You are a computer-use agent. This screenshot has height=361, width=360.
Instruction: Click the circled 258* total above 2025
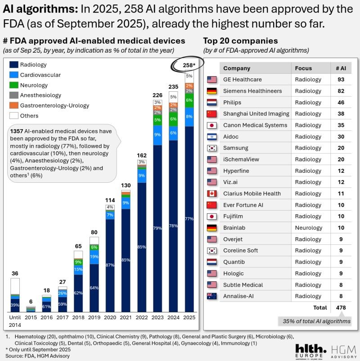tap(189, 66)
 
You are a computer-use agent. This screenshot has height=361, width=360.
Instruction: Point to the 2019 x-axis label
tap(94, 317)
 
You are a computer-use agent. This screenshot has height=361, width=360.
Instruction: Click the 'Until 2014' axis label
tap(15, 320)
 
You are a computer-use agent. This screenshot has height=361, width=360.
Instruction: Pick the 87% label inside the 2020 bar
tap(110, 265)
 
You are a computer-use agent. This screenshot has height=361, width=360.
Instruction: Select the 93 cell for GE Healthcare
tap(341, 80)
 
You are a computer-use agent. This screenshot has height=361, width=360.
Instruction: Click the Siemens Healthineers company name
tap(252, 91)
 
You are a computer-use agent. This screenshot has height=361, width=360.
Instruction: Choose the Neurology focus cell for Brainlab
tap(308, 228)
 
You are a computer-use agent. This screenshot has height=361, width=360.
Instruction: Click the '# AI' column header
tap(341, 68)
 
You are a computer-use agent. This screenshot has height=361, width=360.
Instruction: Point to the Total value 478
tap(341, 308)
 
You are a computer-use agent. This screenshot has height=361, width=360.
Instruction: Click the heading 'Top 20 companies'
tap(240, 41)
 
